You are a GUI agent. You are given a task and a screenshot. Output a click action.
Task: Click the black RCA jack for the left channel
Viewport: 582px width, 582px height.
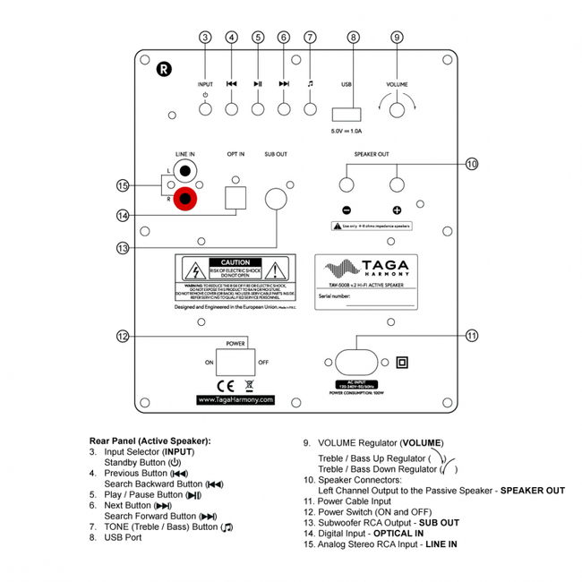click(186, 169)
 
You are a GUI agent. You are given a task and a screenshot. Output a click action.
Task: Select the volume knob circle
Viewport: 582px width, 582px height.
click(397, 109)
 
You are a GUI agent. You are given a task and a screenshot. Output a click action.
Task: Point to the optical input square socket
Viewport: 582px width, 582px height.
click(235, 196)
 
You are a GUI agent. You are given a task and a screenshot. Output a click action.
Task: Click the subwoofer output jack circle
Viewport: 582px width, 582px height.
click(277, 198)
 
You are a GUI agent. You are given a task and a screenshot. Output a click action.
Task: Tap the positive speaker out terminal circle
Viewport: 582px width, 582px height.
click(397, 184)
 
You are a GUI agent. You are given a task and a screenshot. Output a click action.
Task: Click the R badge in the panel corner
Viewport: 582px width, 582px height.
click(162, 68)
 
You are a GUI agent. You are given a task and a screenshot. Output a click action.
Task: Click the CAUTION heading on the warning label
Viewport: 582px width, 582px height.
click(235, 262)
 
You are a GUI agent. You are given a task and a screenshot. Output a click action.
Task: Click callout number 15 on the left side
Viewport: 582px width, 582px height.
click(124, 185)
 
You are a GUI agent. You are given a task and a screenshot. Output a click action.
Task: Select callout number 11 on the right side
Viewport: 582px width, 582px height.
click(472, 335)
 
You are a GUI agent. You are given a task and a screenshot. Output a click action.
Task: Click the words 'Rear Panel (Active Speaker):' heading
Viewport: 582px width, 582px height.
click(150, 441)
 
